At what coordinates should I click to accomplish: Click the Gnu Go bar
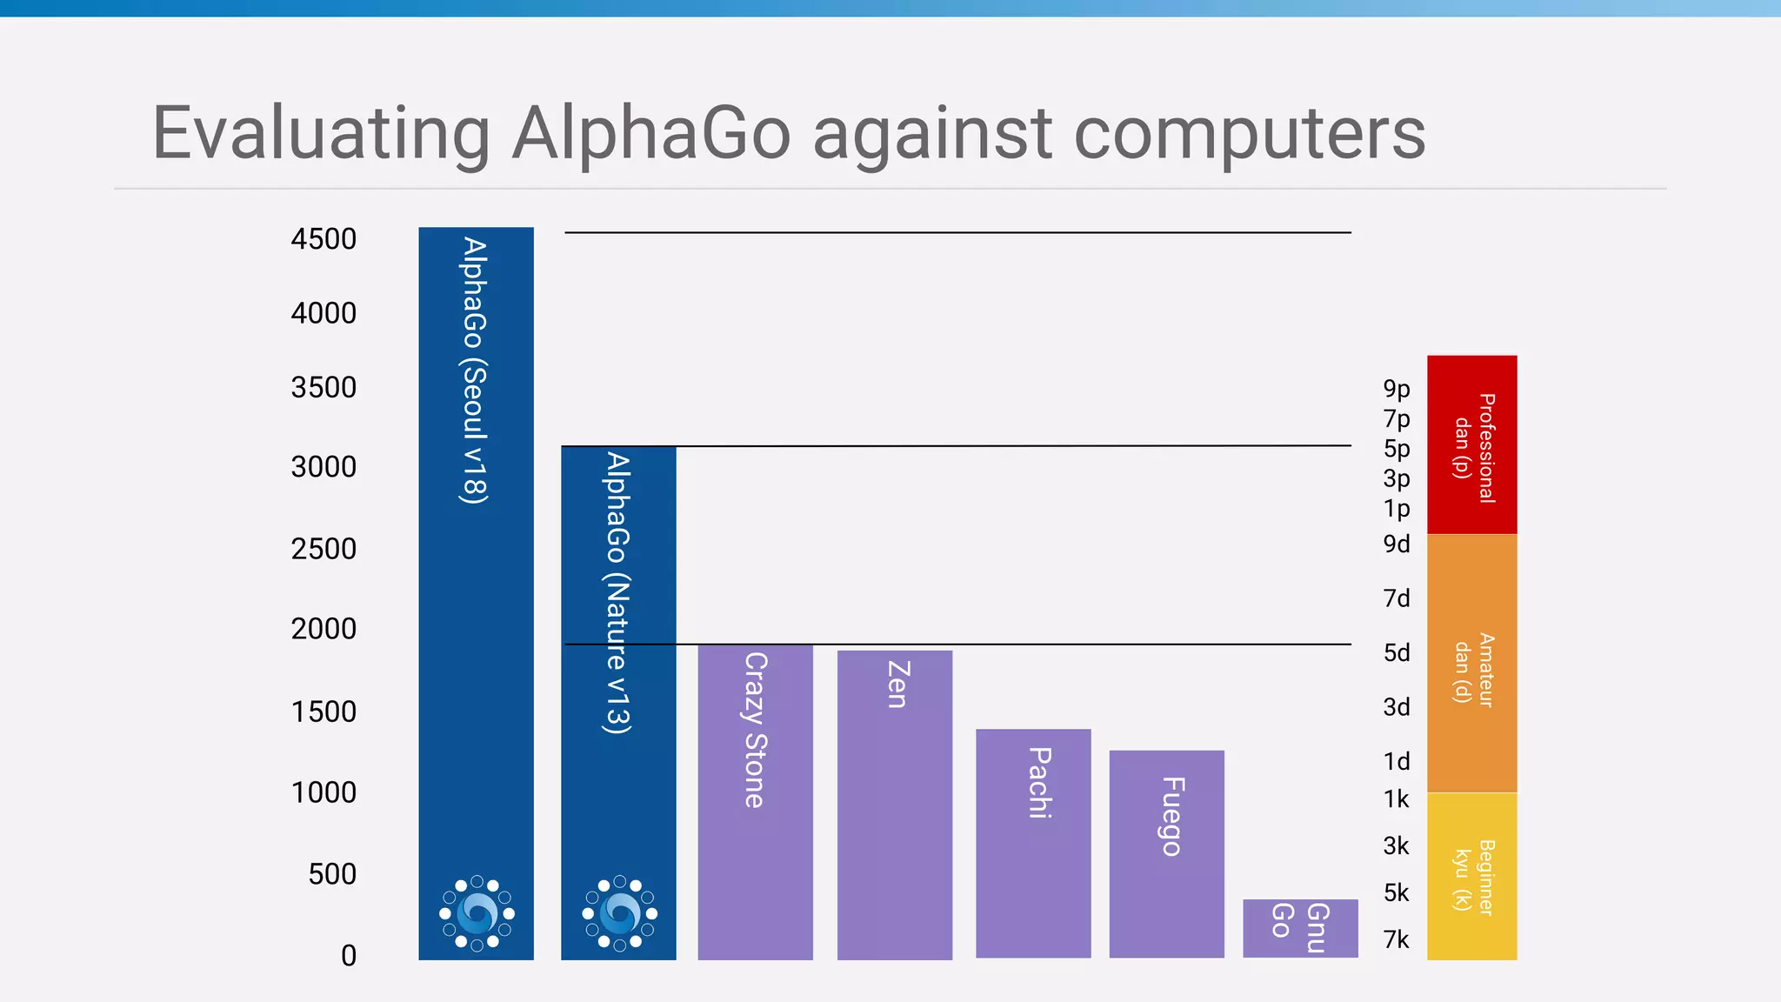point(1300,928)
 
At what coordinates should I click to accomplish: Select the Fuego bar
point(1166,853)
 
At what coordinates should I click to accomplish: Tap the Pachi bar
point(1033,843)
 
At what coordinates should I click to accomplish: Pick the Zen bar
point(894,805)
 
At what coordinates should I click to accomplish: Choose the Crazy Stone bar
point(755,801)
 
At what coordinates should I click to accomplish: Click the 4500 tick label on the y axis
point(324,239)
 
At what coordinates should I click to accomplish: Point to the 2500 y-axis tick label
point(324,549)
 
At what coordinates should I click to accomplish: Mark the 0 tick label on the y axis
point(349,956)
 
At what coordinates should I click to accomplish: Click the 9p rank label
point(1397,389)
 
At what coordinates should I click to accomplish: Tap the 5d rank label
point(1397,653)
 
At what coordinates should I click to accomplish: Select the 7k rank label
point(1396,939)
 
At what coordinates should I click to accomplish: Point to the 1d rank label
point(1397,762)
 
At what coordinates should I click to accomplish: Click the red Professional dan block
point(1471,444)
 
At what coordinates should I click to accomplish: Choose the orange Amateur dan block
point(1471,663)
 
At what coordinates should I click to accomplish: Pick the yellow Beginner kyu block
point(1471,876)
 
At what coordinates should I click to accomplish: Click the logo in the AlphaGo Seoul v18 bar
point(477,913)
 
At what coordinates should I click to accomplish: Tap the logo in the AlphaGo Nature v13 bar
point(619,913)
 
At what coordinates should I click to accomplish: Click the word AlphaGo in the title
point(651,133)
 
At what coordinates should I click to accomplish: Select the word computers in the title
point(1250,133)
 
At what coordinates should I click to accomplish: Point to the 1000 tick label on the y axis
point(324,792)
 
